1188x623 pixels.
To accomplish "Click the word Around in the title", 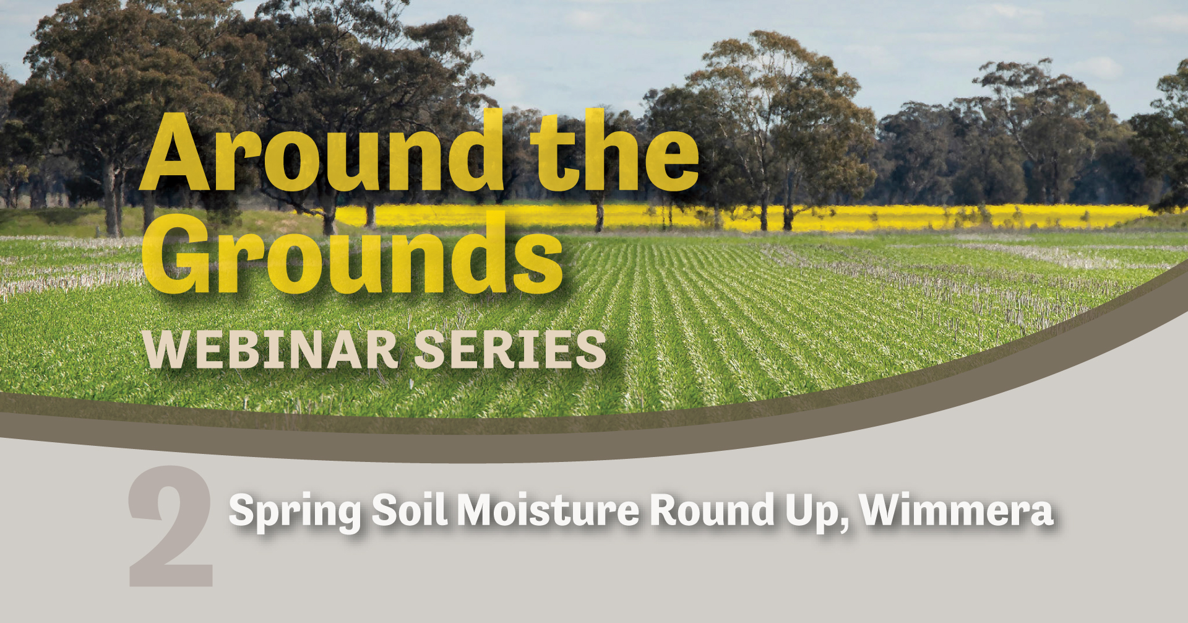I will point(322,152).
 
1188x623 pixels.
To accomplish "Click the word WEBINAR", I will point(271,350).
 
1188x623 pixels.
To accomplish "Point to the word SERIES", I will point(509,350).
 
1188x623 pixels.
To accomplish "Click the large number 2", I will point(171,526).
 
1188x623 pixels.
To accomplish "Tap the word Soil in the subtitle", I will point(409,511).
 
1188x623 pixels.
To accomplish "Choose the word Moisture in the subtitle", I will point(548,511).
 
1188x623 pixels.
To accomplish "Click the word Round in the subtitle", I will point(712,511).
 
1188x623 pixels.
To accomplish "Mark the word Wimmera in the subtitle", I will point(957,511).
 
